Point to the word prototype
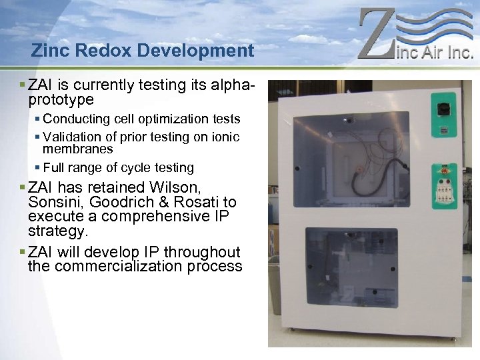(61, 100)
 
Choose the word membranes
(78, 149)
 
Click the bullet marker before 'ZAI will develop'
(23, 252)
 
